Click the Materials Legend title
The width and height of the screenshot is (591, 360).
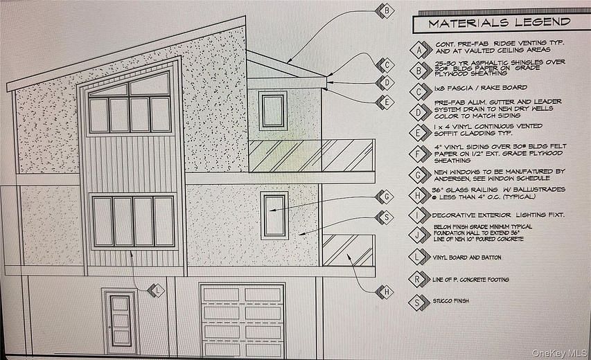pos(500,22)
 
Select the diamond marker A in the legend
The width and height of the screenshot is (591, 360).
pos(418,50)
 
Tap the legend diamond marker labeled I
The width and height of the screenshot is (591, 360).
pos(418,215)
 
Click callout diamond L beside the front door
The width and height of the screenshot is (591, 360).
pos(157,291)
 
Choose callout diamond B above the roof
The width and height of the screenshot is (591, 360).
pos(385,10)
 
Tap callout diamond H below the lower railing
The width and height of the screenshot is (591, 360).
pos(385,293)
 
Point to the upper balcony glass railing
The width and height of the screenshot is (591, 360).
pos(311,156)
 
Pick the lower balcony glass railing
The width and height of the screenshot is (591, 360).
pos(349,251)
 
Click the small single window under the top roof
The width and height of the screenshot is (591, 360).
pos(272,110)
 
